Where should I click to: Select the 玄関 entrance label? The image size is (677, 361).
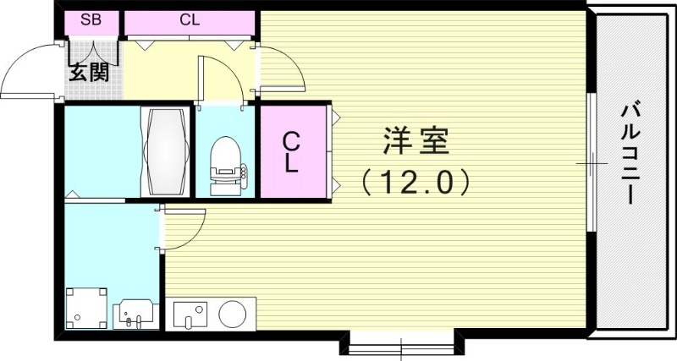88,72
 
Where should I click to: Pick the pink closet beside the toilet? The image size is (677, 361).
292,152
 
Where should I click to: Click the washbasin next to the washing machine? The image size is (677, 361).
135,313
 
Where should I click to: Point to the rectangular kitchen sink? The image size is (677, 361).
191,314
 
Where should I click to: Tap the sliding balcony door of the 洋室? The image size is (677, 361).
592,161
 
